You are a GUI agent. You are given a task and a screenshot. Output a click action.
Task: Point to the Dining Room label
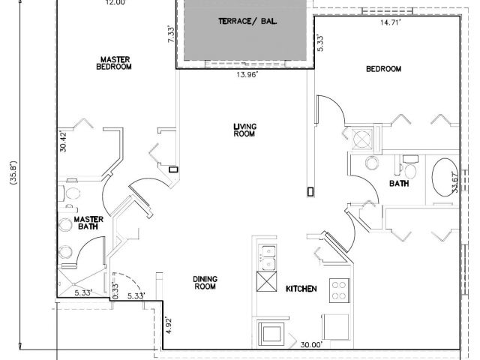[205, 281]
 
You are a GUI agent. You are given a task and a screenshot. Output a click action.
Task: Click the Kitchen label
[301, 288]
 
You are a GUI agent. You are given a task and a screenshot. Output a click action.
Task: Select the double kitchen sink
[266, 257]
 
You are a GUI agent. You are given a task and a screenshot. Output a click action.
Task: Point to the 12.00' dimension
[115, 3]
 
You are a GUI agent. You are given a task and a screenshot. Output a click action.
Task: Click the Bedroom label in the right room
[383, 69]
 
